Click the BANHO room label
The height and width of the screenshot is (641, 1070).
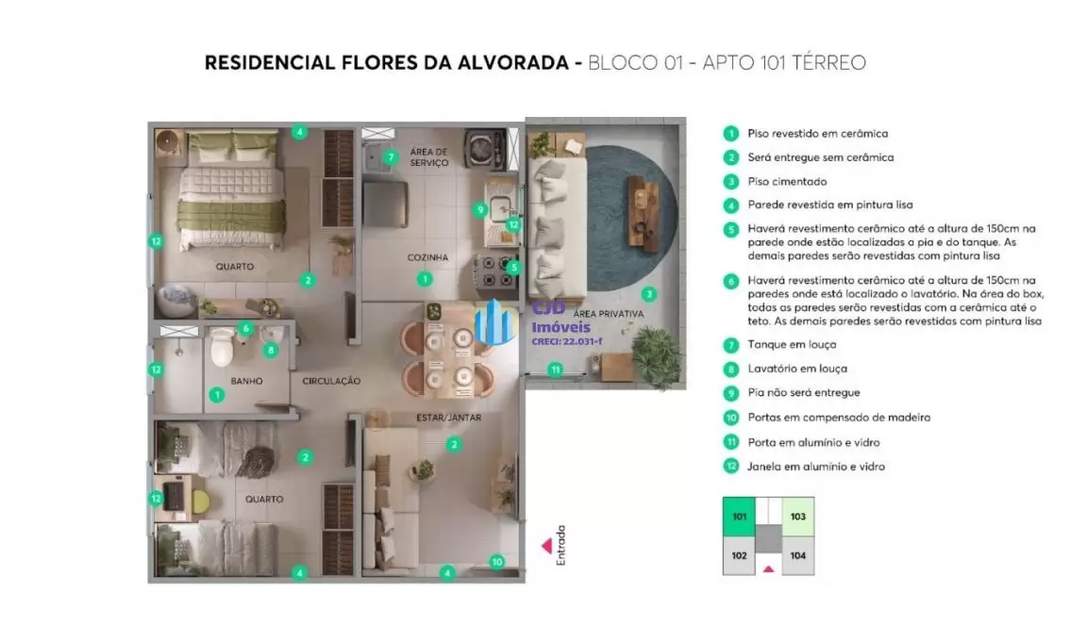(x=246, y=381)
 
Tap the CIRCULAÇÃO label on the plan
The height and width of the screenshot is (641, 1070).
(x=331, y=381)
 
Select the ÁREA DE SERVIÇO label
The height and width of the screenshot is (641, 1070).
(x=429, y=157)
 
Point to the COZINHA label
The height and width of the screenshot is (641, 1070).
(x=427, y=257)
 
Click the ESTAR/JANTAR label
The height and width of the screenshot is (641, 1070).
(x=449, y=418)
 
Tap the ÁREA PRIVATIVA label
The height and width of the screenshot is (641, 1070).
(x=608, y=314)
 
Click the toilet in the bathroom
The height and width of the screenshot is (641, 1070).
(x=223, y=347)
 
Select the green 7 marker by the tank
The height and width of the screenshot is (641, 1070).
(x=391, y=157)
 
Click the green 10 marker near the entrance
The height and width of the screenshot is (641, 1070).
(x=496, y=562)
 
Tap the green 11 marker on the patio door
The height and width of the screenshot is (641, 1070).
(x=556, y=370)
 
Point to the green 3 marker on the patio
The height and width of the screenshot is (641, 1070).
(x=648, y=294)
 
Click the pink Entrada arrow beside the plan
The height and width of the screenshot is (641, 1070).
(x=546, y=546)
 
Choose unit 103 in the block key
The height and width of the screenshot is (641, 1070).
(x=797, y=517)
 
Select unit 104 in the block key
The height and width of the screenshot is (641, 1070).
(x=797, y=556)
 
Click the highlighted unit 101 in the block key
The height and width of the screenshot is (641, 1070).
(x=739, y=517)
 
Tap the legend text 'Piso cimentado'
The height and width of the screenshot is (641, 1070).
(x=787, y=181)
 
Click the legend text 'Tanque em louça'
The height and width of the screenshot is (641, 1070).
(x=792, y=345)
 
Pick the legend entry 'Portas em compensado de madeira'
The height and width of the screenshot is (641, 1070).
(x=839, y=418)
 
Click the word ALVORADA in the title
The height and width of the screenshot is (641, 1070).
(x=504, y=63)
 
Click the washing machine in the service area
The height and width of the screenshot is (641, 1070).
(x=484, y=149)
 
